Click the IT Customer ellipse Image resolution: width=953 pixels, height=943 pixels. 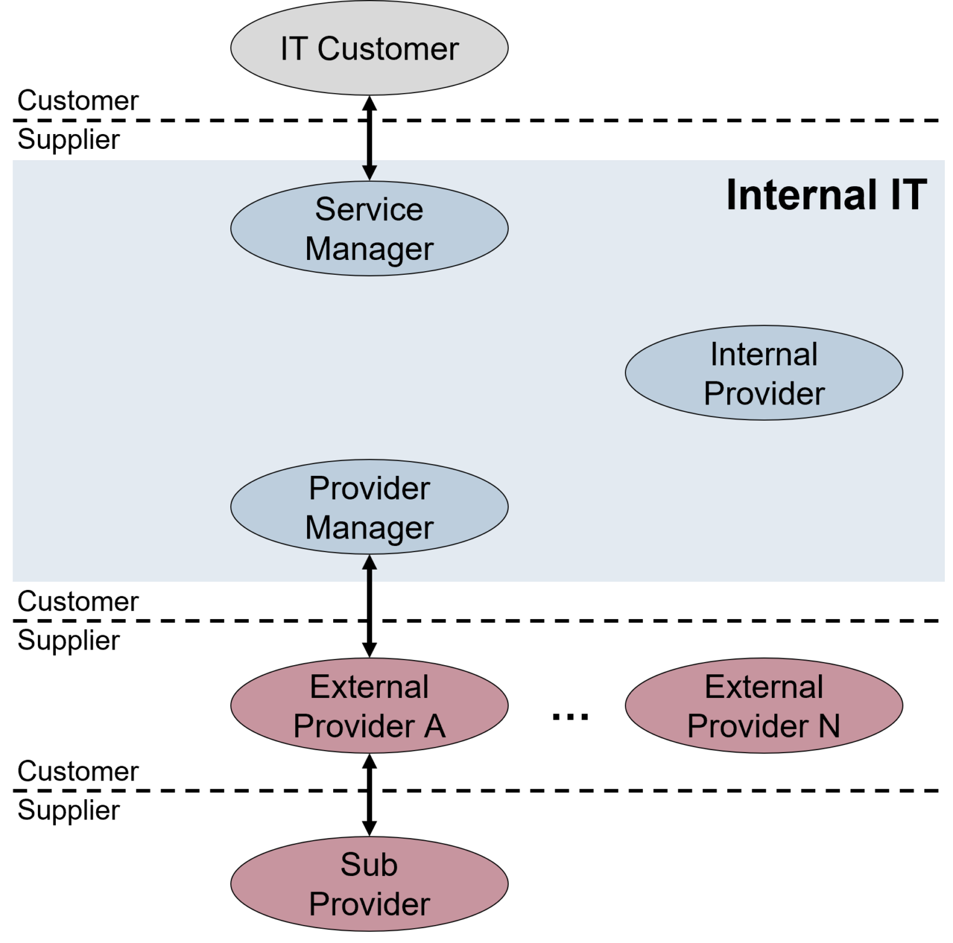click(x=369, y=48)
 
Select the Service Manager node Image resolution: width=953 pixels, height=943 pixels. click(x=369, y=228)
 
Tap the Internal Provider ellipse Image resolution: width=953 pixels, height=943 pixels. click(x=764, y=373)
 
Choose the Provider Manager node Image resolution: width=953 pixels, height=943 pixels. click(x=369, y=507)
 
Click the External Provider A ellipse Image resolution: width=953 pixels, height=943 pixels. click(x=369, y=706)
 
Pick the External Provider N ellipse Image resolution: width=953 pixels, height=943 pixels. click(x=764, y=706)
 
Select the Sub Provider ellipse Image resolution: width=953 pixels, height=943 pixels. click(x=369, y=884)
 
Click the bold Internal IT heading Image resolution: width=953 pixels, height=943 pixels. click(x=826, y=195)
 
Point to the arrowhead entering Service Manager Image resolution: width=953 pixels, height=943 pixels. click(x=370, y=172)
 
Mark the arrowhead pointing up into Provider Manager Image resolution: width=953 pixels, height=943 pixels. click(x=370, y=563)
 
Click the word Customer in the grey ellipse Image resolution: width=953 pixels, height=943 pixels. click(x=388, y=49)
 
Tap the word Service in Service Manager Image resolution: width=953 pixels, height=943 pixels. click(x=369, y=209)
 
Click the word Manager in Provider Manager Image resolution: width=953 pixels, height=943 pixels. click(x=369, y=528)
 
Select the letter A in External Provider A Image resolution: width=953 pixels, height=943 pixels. click(x=434, y=726)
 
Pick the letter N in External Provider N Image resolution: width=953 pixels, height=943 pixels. click(x=828, y=726)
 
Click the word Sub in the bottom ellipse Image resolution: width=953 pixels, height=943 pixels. click(x=369, y=864)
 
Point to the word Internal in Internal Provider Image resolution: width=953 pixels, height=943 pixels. click(x=764, y=354)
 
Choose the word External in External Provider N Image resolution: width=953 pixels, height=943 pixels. click(x=764, y=687)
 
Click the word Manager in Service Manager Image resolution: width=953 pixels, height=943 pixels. click(x=369, y=249)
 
